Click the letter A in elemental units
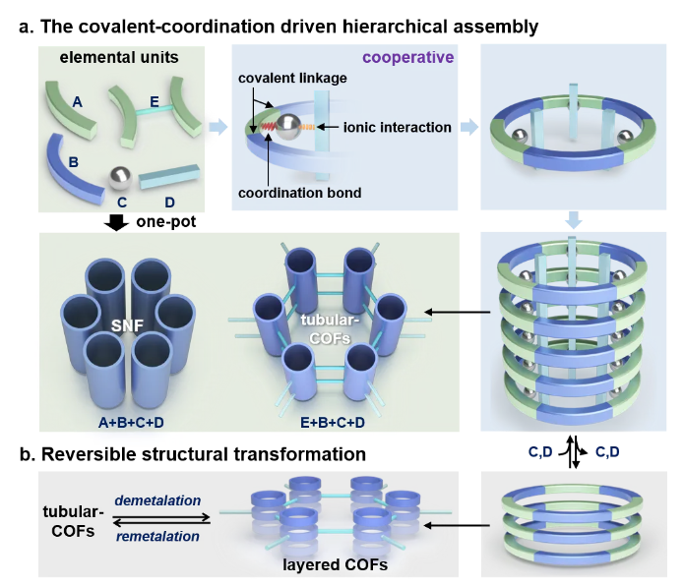pyautogui.click(x=78, y=101)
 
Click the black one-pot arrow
pyautogui.click(x=115, y=221)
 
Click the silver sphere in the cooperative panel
pyautogui.click(x=289, y=126)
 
